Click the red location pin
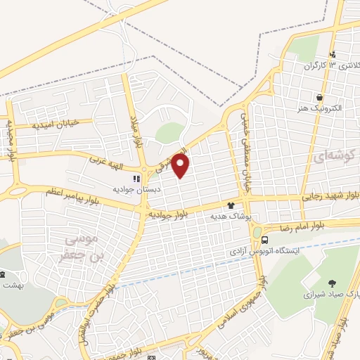181,165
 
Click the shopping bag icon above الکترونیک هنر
321,97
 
